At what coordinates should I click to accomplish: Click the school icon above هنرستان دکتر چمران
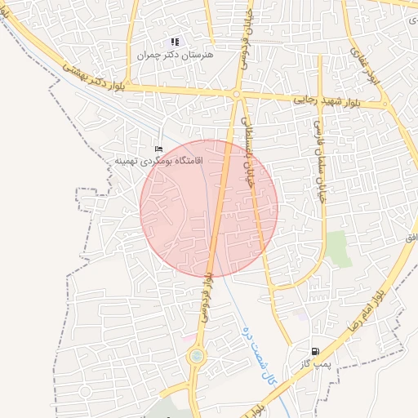174,42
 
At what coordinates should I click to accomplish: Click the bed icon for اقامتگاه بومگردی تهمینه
159,149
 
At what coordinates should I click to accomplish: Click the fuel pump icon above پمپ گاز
315,351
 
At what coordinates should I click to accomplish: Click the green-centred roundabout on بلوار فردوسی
197,356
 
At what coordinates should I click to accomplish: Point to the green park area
338,248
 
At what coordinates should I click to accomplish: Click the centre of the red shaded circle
209,208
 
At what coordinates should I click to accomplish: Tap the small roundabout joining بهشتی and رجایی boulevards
236,95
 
